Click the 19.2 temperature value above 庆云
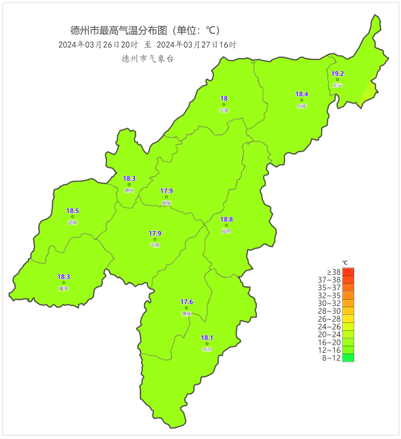coord(338,74)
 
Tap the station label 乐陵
coord(301,106)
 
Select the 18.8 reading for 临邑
coord(226,219)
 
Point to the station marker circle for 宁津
coord(224,105)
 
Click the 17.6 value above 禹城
coord(187,302)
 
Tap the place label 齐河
coord(207,350)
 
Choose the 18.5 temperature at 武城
coord(72,211)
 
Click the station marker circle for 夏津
coord(63,283)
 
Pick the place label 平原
coord(155,245)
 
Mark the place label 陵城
coord(166,203)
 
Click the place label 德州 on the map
coord(129,190)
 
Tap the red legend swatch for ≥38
coord(348,272)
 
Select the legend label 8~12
coord(331,358)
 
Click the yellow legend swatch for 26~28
coord(348,319)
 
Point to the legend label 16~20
coord(329,343)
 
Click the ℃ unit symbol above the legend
coord(345,263)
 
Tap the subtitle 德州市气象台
coord(147,59)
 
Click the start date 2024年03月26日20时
coord(98,45)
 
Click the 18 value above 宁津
coord(224,99)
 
